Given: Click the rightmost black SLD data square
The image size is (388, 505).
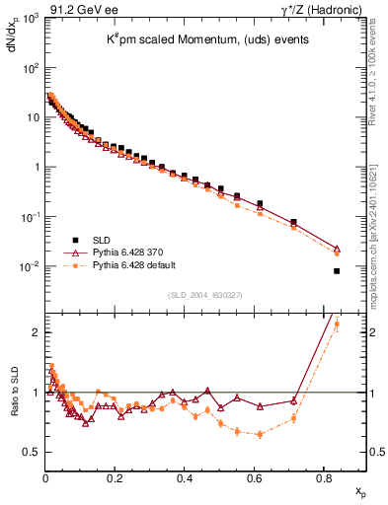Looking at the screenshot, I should [337, 271].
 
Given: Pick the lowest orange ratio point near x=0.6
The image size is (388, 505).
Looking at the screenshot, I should [260, 434].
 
